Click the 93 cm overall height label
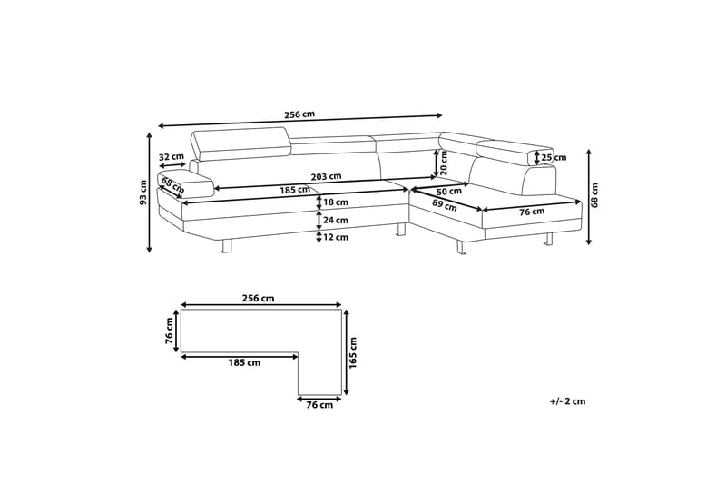click(143, 193)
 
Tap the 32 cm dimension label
click(172, 156)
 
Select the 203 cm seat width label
click(327, 176)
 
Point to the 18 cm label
click(336, 202)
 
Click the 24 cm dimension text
click(336, 220)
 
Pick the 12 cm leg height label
click(336, 237)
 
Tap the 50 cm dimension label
click(449, 191)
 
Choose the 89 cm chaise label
click(445, 205)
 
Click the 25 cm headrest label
click(554, 157)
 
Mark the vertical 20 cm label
click(444, 163)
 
